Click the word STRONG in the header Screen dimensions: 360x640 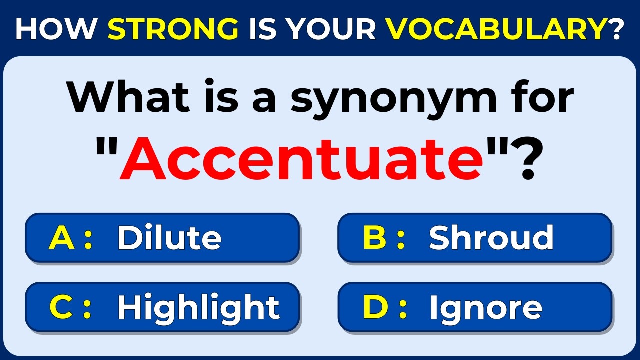pyautogui.click(x=173, y=29)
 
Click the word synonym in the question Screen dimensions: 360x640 pyautogui.click(x=394, y=98)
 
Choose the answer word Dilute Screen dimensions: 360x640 pyautogui.click(x=169, y=238)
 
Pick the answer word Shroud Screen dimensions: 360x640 pyautogui.click(x=491, y=238)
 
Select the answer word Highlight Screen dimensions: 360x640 pyautogui.click(x=198, y=308)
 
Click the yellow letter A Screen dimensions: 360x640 pyautogui.click(x=61, y=238)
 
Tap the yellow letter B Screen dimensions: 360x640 pyautogui.click(x=375, y=238)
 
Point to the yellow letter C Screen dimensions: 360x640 pyautogui.click(x=62, y=308)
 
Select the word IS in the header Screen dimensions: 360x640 pyautogui.click(x=263, y=29)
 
